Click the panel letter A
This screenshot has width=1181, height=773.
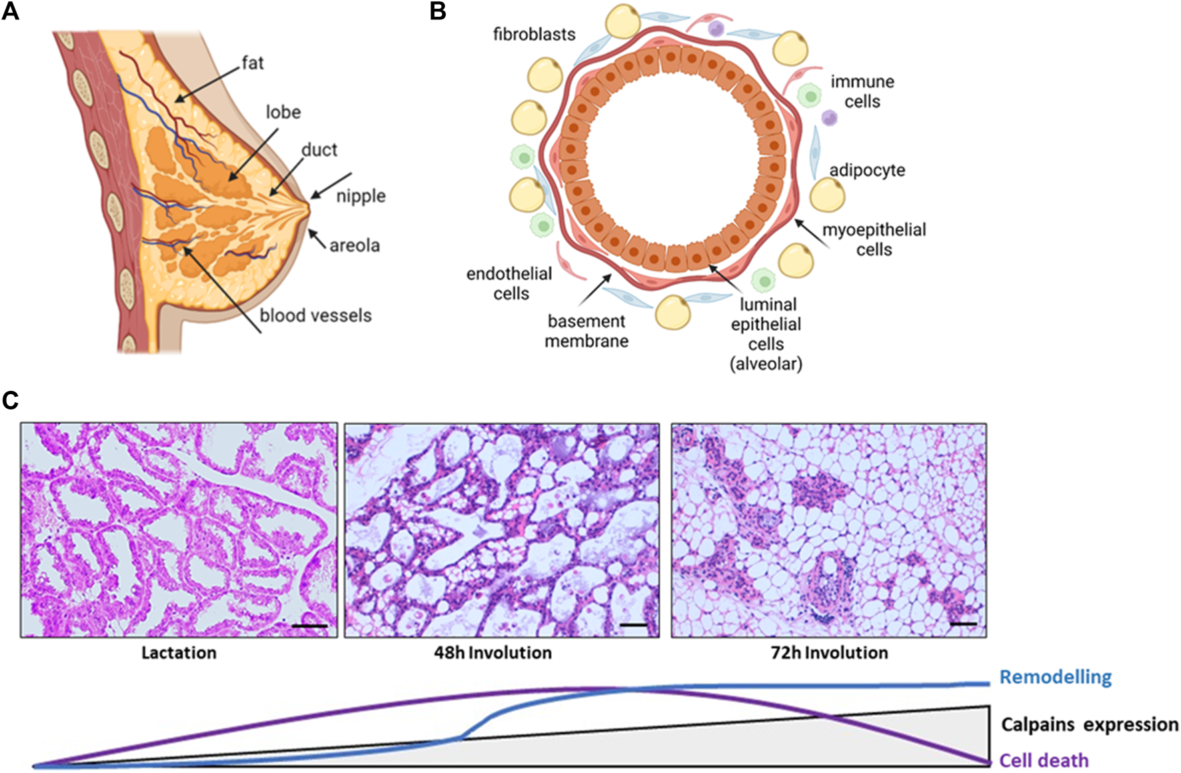pos(10,11)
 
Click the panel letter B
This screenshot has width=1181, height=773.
pos(438,11)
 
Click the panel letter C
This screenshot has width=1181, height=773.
pos(10,400)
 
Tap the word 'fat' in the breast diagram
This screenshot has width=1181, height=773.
pos(253,63)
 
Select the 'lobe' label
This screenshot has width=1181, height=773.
pos(283,112)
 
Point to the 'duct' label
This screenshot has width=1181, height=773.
pos(319,150)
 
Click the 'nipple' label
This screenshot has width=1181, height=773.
pos(361,196)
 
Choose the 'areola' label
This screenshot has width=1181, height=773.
pos(355,245)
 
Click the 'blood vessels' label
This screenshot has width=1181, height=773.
pos(315,315)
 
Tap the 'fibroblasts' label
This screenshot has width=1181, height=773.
pos(534,34)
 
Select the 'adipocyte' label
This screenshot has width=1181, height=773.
pos(867,171)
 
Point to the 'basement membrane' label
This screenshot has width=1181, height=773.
pos(587,331)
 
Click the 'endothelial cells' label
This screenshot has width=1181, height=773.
pos(509,283)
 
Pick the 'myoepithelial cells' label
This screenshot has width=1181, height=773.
pos(874,239)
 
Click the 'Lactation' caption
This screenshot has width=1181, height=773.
pos(179,652)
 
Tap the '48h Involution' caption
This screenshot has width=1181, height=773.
pos(493,652)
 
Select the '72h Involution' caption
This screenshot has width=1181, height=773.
pos(829,652)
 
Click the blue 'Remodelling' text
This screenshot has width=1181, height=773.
pos(1055,678)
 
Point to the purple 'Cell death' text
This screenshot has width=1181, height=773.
pos(1044,760)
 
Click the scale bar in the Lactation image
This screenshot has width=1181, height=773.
pos(310,626)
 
